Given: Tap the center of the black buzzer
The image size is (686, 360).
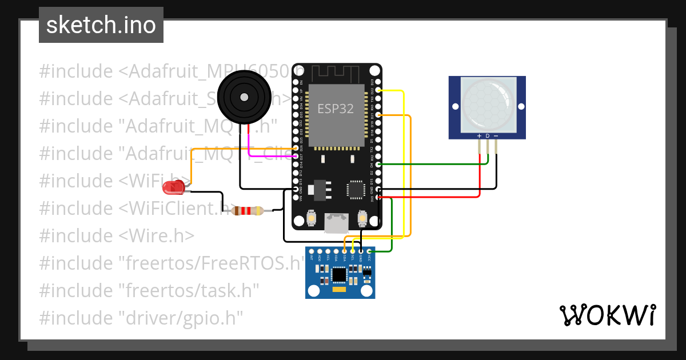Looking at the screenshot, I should [x=244, y=96].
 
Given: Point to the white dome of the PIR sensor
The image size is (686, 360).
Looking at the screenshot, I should [x=486, y=102].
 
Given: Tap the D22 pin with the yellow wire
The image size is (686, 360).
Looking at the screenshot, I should [x=378, y=90].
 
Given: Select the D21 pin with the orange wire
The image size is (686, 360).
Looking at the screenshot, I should [x=378, y=115].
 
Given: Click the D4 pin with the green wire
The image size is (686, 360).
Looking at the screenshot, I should [x=378, y=165].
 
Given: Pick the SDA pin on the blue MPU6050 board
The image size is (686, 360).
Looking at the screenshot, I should [x=345, y=251].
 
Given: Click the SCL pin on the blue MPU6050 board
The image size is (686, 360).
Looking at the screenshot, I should [x=353, y=251].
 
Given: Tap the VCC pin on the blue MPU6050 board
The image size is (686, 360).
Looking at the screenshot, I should [x=369, y=251].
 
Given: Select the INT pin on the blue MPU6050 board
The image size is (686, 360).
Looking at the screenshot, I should [x=312, y=251].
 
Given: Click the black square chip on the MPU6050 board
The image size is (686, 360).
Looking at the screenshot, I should [x=340, y=275].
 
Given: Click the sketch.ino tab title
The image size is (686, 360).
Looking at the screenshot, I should [x=101, y=25].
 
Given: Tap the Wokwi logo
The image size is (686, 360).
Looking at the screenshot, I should [x=607, y=315].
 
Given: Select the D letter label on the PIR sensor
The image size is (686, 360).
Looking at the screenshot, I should [x=487, y=136].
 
